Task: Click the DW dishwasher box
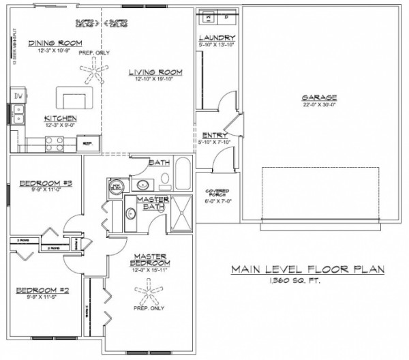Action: click(18, 96)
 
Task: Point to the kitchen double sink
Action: click(18, 114)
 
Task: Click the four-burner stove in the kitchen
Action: click(55, 142)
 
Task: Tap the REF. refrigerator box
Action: click(88, 144)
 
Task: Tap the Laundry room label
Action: click(217, 37)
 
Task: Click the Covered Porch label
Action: click(217, 192)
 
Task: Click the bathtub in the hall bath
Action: click(182, 171)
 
